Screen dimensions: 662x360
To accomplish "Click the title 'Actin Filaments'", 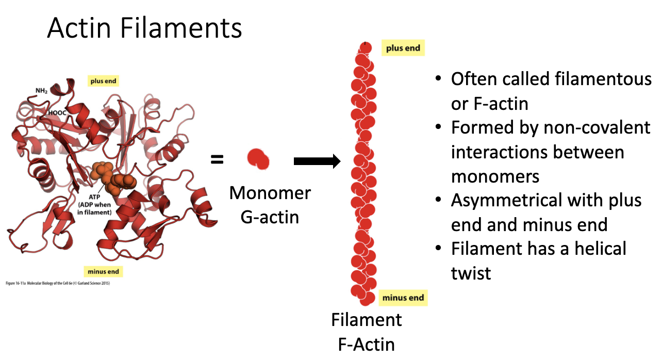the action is tap(144, 28).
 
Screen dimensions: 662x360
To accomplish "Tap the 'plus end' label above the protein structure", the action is tap(103, 81).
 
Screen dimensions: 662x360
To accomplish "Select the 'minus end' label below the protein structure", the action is tap(103, 272).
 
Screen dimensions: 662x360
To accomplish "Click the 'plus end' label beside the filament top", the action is tap(403, 48).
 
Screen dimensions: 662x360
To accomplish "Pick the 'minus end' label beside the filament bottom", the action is tap(403, 298).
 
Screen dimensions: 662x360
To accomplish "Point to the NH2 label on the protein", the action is tap(41, 91).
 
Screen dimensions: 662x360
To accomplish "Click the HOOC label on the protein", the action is tap(57, 113).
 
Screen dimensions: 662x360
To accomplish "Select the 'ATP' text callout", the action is tap(94, 197).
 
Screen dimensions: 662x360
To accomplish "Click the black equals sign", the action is tap(217, 159).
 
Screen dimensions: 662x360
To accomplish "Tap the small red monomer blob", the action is tap(258, 159).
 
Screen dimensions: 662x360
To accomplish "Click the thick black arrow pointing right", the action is tap(317, 161).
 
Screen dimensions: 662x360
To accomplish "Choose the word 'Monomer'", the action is tap(270, 193).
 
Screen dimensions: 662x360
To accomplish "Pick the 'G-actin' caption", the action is tap(270, 217).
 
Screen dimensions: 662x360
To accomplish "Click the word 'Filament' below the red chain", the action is tap(367, 320).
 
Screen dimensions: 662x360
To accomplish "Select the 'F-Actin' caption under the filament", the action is tap(367, 345).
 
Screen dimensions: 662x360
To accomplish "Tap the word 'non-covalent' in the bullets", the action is tap(597, 128).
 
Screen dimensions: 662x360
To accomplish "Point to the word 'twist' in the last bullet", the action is tap(471, 273).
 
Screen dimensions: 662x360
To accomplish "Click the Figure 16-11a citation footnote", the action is tap(58, 283).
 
